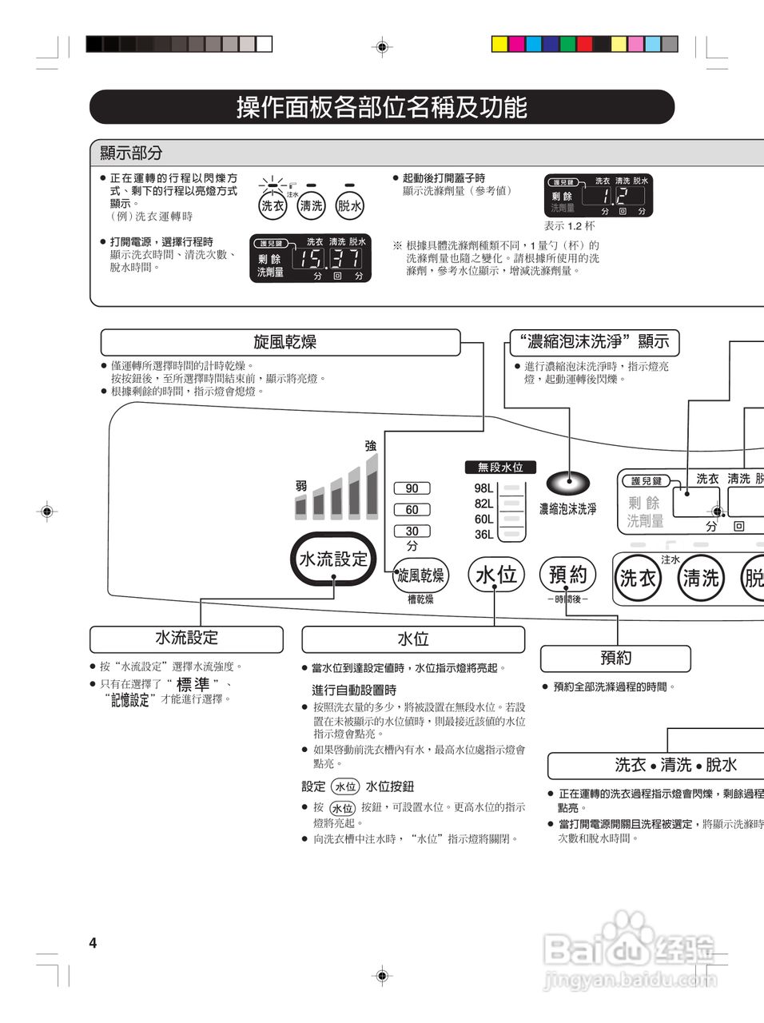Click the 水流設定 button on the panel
click(333, 559)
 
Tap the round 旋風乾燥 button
click(421, 575)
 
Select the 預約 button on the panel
click(568, 574)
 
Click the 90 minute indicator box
click(412, 488)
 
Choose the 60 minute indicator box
click(412, 510)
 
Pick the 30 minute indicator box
click(412, 531)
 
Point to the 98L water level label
click(483, 488)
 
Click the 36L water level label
click(483, 535)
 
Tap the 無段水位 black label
click(500, 468)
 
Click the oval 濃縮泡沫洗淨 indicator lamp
click(568, 481)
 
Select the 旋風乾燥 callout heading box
click(281, 342)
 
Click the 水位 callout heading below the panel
click(413, 639)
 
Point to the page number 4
click(93, 943)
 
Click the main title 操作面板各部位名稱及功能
click(382, 107)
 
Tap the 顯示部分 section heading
click(131, 153)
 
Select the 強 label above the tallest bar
click(370, 446)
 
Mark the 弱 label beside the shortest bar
click(301, 486)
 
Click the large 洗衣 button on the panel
click(638, 577)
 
